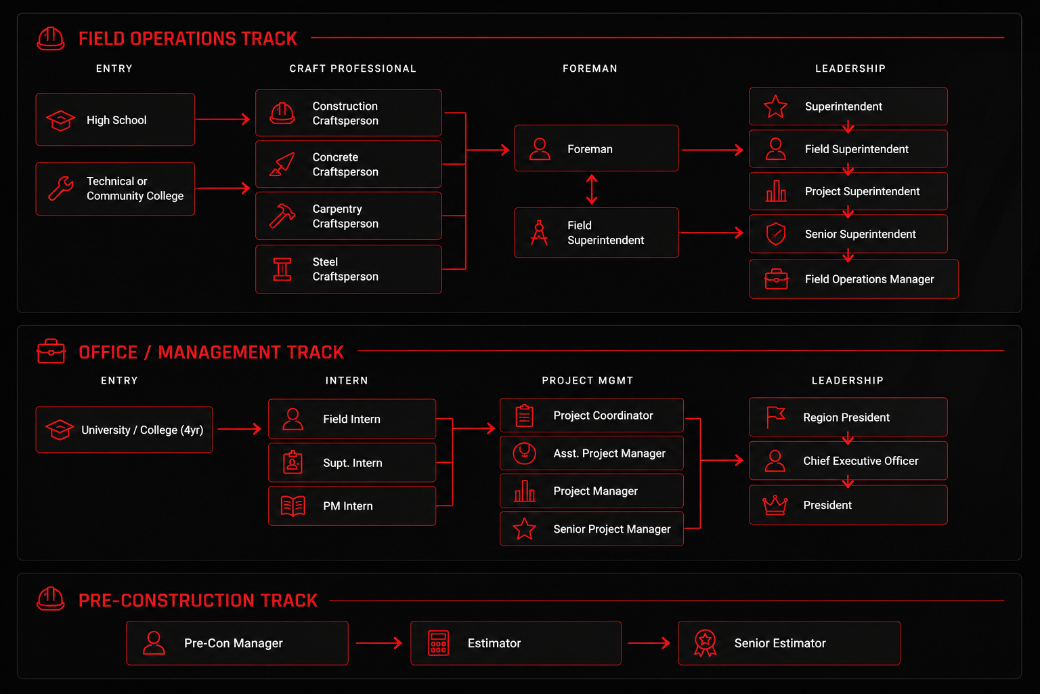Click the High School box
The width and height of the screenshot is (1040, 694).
tap(115, 119)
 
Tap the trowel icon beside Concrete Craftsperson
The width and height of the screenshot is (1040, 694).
tap(282, 165)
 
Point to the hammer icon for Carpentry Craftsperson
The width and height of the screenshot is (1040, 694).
tap(282, 216)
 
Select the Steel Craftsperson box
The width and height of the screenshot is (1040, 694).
tap(348, 269)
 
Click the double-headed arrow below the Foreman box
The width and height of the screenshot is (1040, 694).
tap(592, 190)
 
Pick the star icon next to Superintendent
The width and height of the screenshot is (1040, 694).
tap(775, 106)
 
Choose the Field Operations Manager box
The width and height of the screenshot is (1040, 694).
tap(854, 279)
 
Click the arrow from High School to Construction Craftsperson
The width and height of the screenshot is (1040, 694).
tap(223, 119)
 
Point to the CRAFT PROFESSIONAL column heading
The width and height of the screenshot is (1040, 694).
tap(353, 69)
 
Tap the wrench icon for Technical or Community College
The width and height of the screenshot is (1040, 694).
tap(61, 188)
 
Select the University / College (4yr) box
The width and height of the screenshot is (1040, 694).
tap(125, 430)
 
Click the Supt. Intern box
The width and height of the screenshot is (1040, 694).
tap(352, 462)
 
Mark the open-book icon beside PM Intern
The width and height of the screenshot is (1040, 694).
tap(293, 506)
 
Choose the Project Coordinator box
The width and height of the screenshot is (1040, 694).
tap(592, 415)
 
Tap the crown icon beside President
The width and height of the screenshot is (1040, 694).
tap(775, 506)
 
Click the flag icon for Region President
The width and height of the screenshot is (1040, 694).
tap(775, 417)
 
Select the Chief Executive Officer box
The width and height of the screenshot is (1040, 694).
tap(848, 461)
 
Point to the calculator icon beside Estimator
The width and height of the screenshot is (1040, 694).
tap(438, 643)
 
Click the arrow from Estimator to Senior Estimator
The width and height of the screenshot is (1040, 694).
tap(649, 643)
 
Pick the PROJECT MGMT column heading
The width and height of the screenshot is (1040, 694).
tap(587, 381)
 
